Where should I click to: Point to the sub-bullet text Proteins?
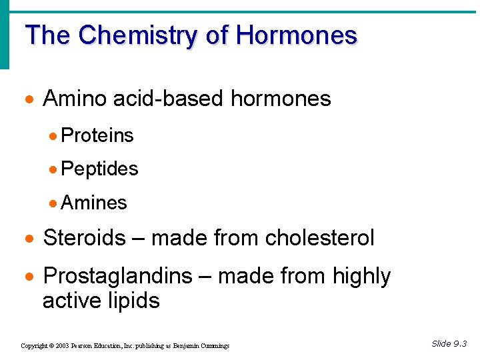(97, 135)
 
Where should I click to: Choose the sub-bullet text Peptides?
(99, 169)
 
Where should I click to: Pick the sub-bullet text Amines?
(94, 203)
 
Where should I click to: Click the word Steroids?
(84, 237)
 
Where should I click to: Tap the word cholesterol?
(319, 237)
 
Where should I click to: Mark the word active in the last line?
(72, 301)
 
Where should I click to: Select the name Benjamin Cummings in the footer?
(203, 346)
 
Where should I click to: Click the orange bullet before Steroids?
(28, 239)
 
